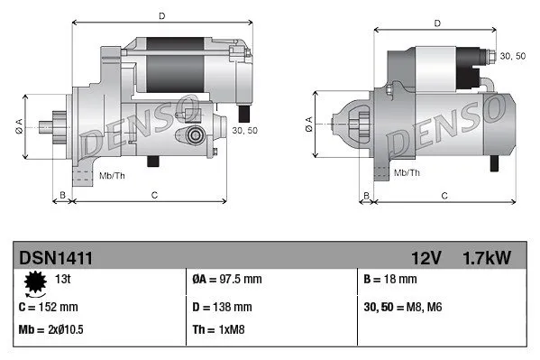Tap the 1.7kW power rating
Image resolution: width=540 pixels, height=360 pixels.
(488, 258)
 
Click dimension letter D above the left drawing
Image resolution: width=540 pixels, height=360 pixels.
(162, 15)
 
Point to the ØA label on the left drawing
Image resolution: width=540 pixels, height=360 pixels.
(22, 126)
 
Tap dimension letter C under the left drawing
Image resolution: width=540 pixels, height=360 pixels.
(155, 194)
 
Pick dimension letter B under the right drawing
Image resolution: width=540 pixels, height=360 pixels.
(365, 195)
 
